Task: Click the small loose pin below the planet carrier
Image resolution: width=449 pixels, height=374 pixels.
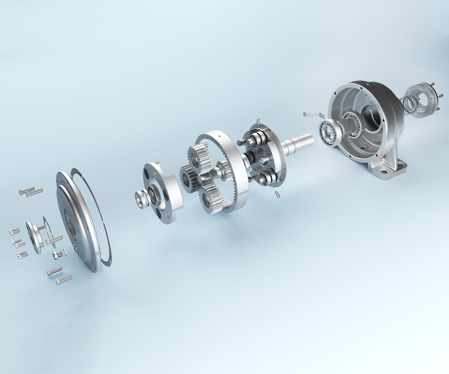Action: coord(277,194)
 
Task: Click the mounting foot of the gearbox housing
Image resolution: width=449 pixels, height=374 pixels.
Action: coord(389,168)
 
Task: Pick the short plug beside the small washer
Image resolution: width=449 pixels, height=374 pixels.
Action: coord(57,255)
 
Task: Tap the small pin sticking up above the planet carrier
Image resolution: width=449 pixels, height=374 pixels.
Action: coord(258,122)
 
